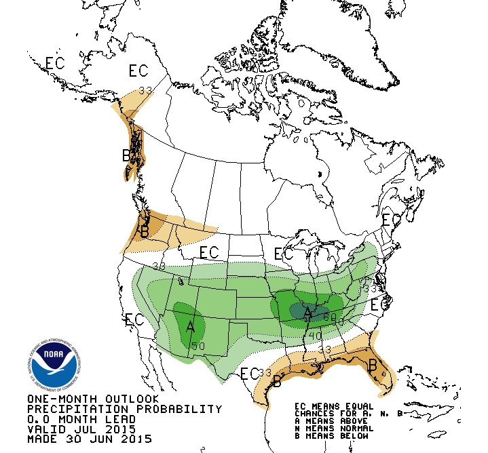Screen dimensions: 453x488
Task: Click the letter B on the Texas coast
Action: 276,381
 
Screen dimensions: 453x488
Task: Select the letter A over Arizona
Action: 191,328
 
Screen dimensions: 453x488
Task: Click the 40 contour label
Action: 315,335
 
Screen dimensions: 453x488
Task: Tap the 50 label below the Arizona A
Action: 198,347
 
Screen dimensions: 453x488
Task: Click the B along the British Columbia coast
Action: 126,156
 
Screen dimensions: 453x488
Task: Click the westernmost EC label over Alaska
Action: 55,63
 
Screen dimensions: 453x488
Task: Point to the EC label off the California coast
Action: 135,319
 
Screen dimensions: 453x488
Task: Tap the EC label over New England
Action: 391,220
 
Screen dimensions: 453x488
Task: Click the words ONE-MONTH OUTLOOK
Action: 93,399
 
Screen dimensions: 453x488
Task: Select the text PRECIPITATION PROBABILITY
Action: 124,409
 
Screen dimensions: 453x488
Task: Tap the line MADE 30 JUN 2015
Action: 90,439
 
